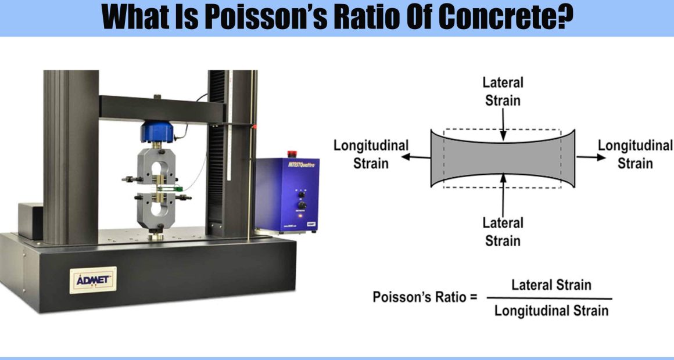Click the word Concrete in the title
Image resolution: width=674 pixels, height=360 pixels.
coord(505,17)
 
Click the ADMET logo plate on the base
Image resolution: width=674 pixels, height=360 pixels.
coord(93,280)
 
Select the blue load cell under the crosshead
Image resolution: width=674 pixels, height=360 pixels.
coord(157,132)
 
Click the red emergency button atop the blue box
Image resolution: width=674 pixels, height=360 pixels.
coord(292,154)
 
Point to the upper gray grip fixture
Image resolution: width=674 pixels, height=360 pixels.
coord(156,166)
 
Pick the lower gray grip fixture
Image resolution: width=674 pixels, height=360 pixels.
coord(156,210)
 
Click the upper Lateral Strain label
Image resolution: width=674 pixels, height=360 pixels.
coord(503,91)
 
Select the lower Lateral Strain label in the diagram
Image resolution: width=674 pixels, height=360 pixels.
coord(503,232)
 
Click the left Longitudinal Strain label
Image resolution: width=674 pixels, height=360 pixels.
coord(371,154)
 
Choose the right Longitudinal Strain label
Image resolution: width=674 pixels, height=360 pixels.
coord(635,154)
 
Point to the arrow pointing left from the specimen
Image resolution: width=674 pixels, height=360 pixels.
coord(416,157)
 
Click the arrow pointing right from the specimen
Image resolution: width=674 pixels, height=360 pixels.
coord(590,157)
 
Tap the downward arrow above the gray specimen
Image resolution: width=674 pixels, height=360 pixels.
coord(503,124)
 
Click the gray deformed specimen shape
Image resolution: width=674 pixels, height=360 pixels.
coord(503,158)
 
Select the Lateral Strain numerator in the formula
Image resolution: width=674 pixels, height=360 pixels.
coord(551,285)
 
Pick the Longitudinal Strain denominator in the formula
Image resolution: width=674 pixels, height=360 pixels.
coord(551,311)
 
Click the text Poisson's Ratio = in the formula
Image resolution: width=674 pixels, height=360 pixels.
coord(425,297)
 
